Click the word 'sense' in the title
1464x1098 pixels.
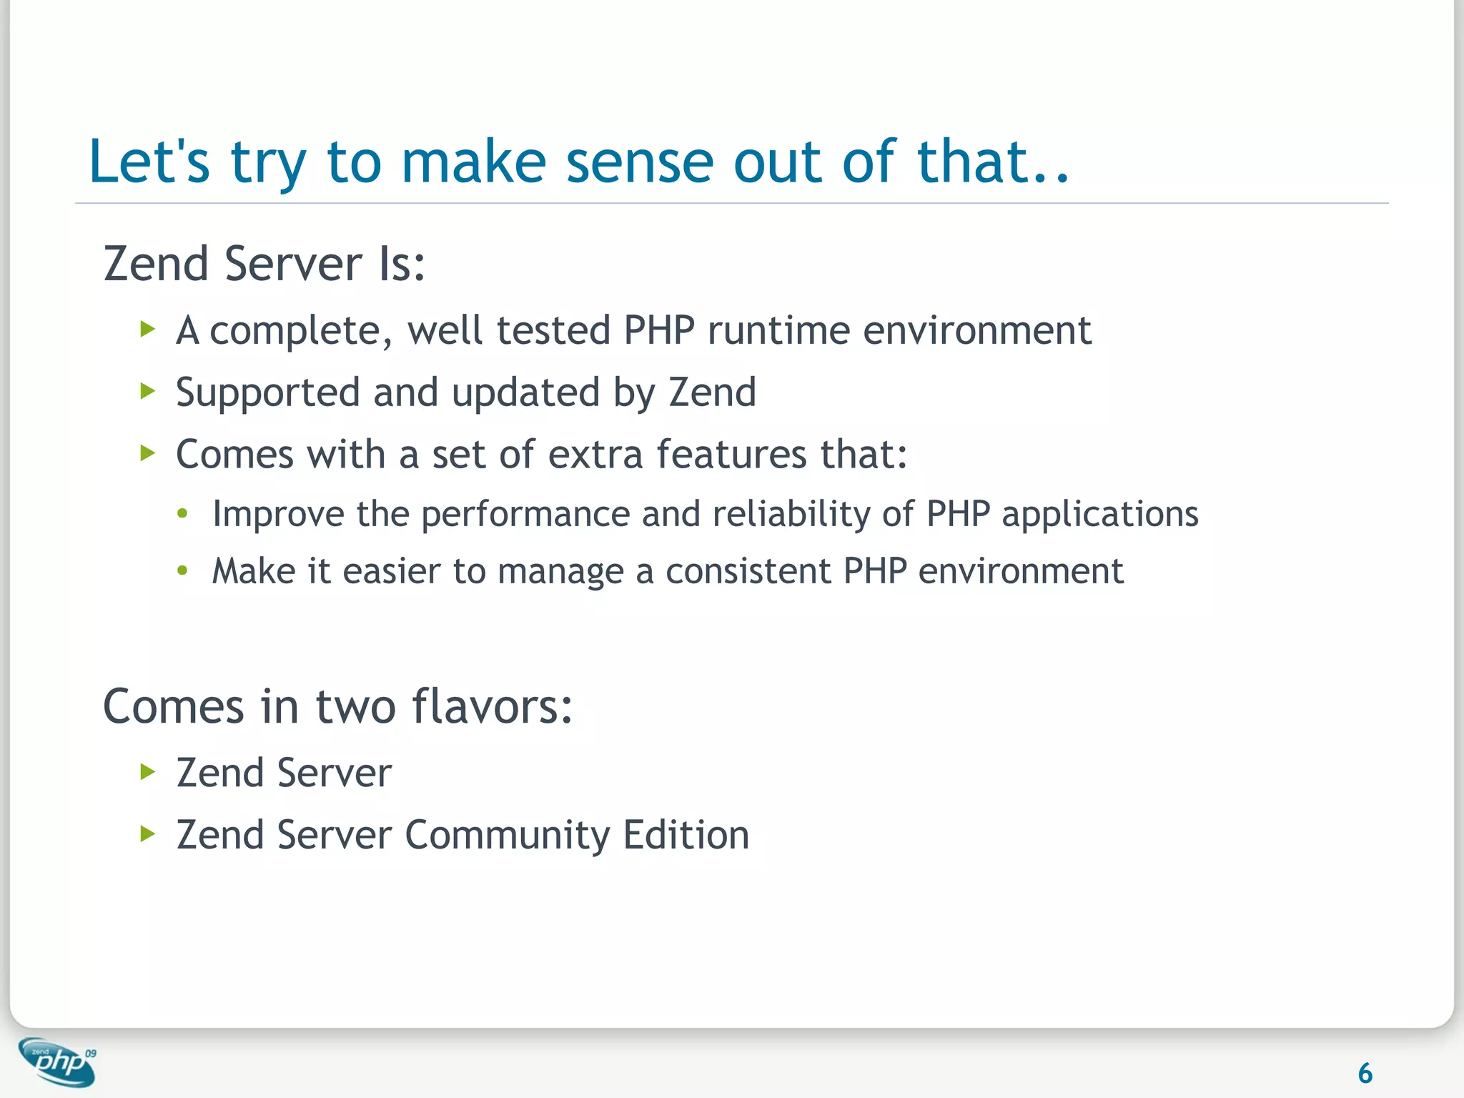tap(639, 162)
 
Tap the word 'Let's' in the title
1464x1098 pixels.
tap(149, 162)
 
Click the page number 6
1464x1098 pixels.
tap(1365, 1073)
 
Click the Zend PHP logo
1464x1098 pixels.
tap(58, 1062)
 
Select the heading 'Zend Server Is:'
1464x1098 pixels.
tap(264, 264)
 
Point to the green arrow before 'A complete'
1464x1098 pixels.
tap(148, 330)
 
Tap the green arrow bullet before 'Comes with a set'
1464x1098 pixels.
tap(148, 452)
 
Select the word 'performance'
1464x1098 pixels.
tap(525, 515)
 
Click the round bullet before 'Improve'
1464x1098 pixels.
tap(183, 513)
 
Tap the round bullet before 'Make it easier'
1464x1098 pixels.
tap(183, 570)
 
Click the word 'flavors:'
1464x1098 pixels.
tap(493, 706)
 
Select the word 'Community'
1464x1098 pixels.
tap(506, 835)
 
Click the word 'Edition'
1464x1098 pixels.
tap(686, 835)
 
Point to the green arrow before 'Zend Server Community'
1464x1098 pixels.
tap(148, 833)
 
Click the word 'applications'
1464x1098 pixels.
tap(1099, 515)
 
